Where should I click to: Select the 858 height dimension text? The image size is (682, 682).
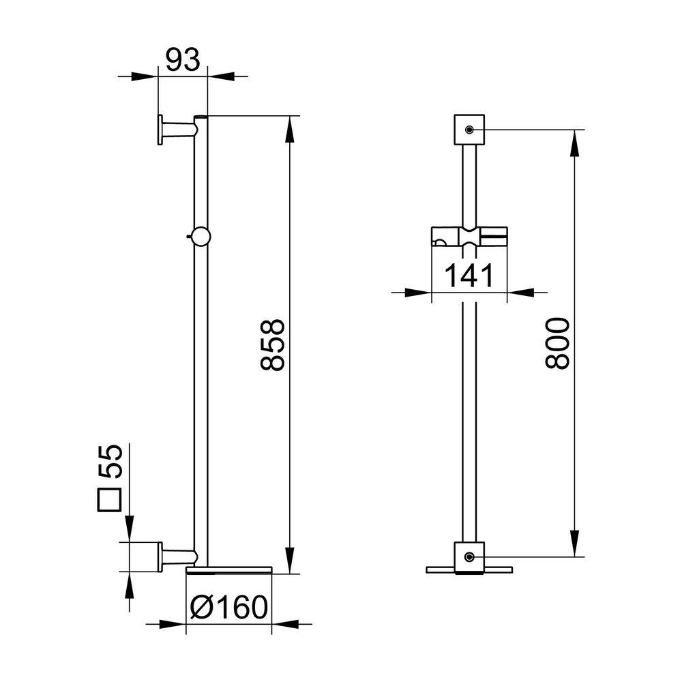click(272, 345)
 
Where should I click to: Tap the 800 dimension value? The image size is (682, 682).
click(557, 344)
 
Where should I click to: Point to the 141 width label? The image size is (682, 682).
click(469, 276)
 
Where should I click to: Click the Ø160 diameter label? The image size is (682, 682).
click(229, 607)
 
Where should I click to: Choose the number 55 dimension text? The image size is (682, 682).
click(110, 462)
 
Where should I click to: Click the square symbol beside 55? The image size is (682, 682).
click(109, 500)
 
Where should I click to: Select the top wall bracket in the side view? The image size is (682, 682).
click(178, 130)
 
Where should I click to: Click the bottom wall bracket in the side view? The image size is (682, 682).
click(178, 557)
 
